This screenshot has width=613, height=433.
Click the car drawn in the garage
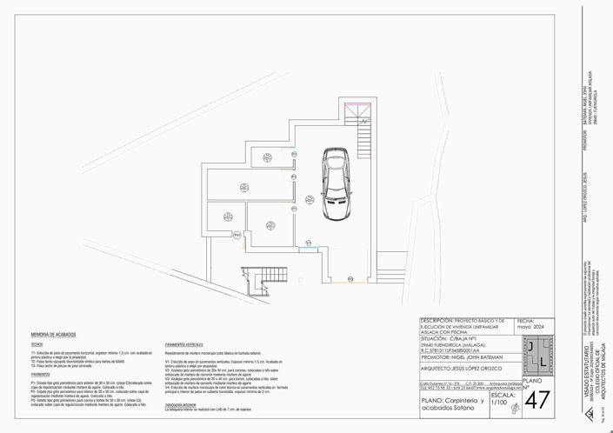point(336,183)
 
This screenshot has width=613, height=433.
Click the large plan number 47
point(537,401)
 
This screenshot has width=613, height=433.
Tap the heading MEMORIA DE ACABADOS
point(53,335)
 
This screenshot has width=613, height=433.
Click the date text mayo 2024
point(530,327)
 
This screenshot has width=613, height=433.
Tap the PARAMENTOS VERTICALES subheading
point(189,344)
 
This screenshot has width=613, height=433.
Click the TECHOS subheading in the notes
point(37,344)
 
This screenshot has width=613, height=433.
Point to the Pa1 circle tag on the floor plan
point(237,234)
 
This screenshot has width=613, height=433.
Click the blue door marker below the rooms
point(308,249)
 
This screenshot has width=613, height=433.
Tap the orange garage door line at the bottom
point(340,282)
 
